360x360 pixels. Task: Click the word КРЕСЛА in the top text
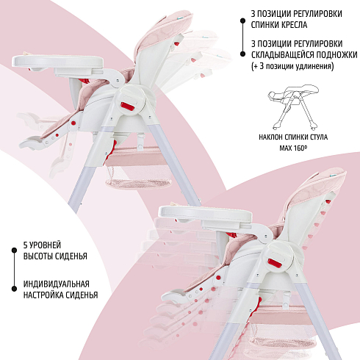tap(293, 25)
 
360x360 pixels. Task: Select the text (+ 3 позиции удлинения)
tap(292, 66)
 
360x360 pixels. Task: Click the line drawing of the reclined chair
tap(293, 107)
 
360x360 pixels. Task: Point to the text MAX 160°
tap(293, 148)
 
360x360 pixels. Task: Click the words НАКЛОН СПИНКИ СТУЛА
tap(293, 137)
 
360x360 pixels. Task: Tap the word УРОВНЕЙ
tap(46, 245)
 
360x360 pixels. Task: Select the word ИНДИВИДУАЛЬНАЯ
tap(57, 284)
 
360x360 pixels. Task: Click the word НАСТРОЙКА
tap(39, 295)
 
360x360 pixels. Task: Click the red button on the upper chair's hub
tap(128, 107)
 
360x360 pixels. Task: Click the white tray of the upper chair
tap(58, 62)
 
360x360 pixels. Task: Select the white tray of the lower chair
tap(205, 214)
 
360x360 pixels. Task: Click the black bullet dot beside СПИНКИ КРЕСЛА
tap(242, 21)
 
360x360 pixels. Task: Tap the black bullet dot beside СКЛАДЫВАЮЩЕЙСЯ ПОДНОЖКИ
tap(242, 54)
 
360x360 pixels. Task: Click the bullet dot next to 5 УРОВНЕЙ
tap(14, 251)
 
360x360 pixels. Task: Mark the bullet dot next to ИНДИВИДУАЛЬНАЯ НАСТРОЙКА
tap(14, 288)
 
